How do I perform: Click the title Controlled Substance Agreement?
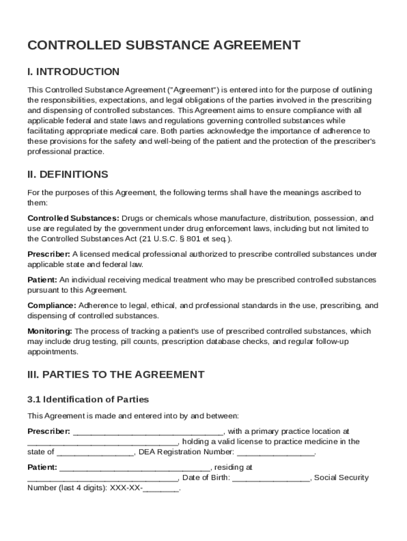(164, 45)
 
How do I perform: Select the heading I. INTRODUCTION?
(73, 72)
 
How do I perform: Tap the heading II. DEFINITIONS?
(68, 174)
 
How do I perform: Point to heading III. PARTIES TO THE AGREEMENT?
(116, 375)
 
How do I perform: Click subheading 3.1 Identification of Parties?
(88, 399)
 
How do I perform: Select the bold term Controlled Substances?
(73, 218)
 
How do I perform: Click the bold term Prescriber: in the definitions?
(49, 254)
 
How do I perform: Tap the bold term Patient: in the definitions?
(42, 280)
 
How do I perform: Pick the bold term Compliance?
(52, 305)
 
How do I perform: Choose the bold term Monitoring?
(50, 331)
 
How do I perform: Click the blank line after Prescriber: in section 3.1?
(147, 432)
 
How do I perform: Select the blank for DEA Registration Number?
(275, 452)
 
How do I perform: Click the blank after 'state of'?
(95, 452)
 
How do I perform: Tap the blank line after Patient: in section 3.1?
(135, 468)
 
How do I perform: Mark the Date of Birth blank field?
(271, 478)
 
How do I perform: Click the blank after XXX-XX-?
(161, 489)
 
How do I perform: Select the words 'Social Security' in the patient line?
(341, 478)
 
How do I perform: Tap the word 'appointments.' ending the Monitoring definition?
(49, 352)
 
